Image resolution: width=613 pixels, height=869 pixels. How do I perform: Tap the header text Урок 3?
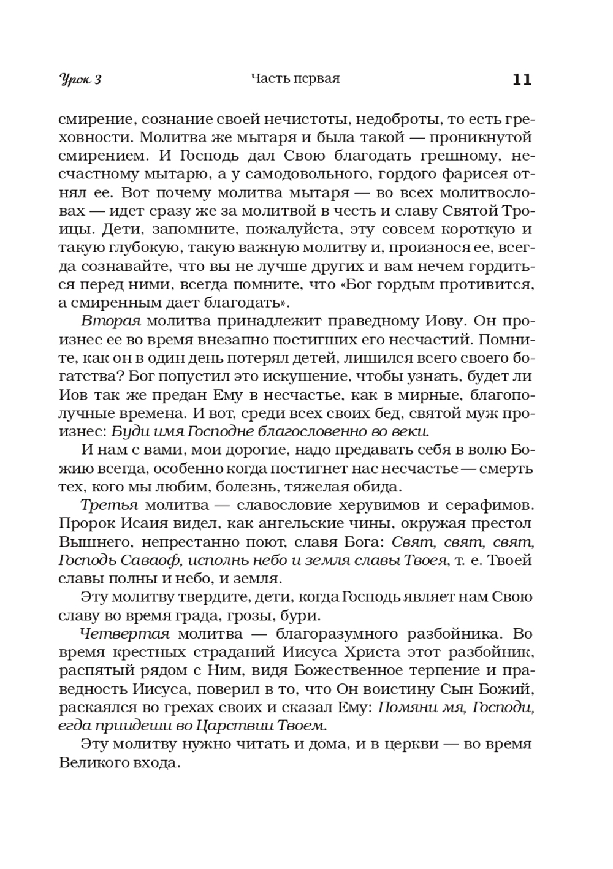(x=80, y=80)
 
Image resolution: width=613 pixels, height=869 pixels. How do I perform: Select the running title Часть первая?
(x=295, y=79)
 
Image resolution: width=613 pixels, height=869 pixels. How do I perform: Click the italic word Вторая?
(x=111, y=321)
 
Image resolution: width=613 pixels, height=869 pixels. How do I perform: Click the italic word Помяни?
(x=407, y=707)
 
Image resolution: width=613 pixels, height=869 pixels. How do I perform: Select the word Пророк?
(x=82, y=523)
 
